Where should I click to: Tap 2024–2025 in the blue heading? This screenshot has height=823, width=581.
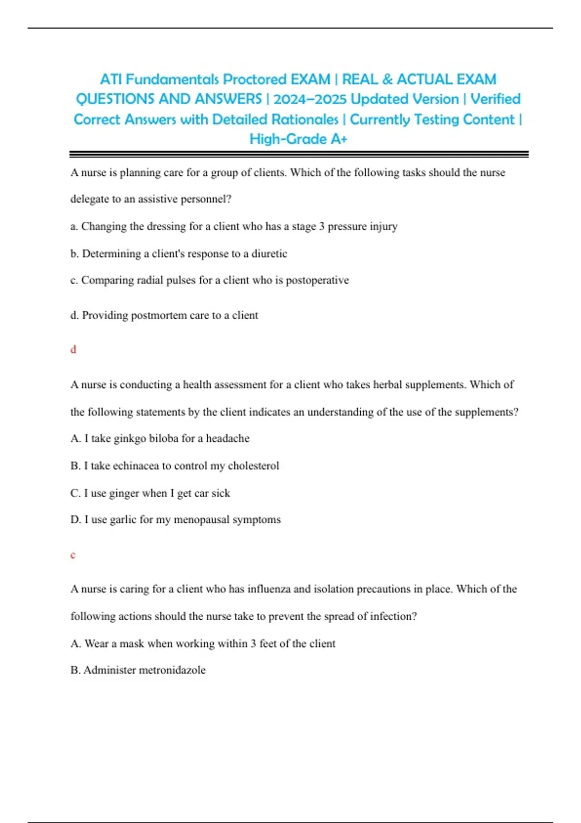click(310, 99)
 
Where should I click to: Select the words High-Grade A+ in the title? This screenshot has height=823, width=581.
click(298, 139)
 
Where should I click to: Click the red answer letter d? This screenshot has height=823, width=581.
click(73, 350)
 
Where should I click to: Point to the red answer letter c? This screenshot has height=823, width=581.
click(73, 555)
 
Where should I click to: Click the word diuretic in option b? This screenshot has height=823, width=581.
click(269, 254)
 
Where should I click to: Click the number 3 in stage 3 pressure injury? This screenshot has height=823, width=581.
click(321, 227)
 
